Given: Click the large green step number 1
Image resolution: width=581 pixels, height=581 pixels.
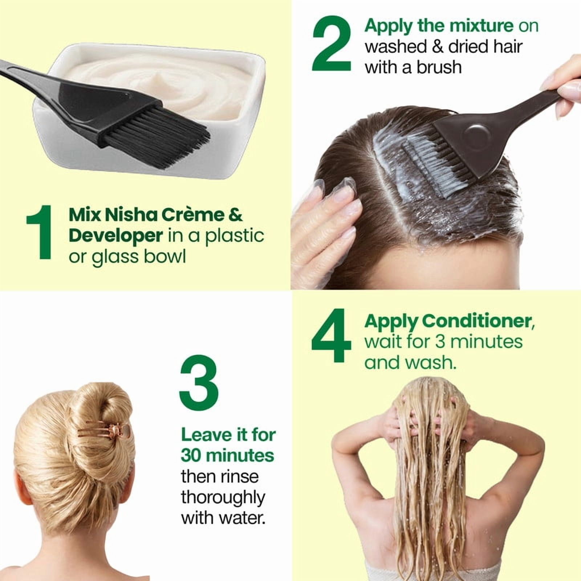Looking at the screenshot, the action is click(x=40, y=232).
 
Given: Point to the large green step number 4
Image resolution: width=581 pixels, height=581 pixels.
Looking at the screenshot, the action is click(x=331, y=336).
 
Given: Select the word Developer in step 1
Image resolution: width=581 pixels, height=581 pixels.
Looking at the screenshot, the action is click(x=115, y=236).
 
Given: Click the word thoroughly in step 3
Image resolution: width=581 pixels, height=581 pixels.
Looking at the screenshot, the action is click(x=223, y=498).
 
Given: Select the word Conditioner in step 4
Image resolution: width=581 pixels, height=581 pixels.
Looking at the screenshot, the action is click(x=479, y=321).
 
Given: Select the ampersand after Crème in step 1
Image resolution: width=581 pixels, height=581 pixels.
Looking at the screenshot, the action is click(x=236, y=215).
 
